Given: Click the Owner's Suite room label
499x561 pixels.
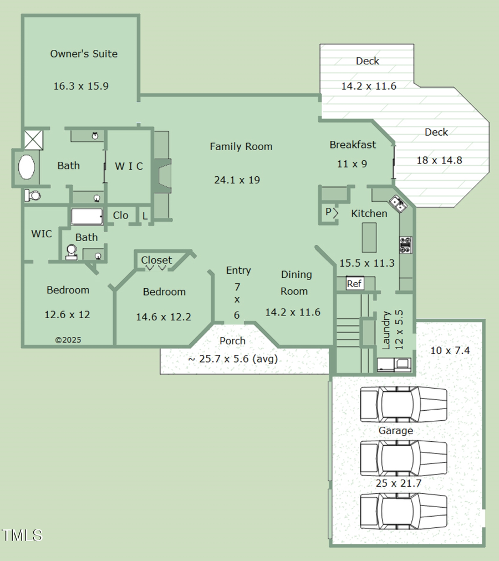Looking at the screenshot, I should tap(84, 54).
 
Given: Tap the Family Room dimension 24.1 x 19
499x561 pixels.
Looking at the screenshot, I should tap(237, 180).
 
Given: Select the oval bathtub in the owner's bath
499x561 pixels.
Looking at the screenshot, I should tap(27, 167).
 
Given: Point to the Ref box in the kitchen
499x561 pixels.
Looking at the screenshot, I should tap(354, 284).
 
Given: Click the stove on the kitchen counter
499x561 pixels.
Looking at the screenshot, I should tap(405, 245).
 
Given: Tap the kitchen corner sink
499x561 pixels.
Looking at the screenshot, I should tap(399, 204).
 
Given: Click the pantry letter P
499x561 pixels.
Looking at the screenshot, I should tap(328, 212).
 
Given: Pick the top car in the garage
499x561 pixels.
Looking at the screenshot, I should tap(403, 405).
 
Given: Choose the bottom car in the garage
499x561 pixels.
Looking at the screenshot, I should tap(403, 511).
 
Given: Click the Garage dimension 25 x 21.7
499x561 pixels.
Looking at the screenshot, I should tap(398, 483).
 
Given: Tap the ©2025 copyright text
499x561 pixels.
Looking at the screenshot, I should tap(68, 340).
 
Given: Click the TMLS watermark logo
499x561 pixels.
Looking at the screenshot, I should tap(22, 535).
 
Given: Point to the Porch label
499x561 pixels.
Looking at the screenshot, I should tap(232, 341).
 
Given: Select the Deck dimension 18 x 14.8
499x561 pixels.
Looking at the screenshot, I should tap(439, 161).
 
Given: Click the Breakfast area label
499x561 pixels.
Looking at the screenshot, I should tap(353, 145).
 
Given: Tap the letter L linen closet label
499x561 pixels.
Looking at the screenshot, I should tap(145, 216).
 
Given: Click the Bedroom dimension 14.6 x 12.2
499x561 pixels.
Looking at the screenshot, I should tap(164, 317).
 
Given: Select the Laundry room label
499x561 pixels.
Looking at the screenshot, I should tap(386, 330).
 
